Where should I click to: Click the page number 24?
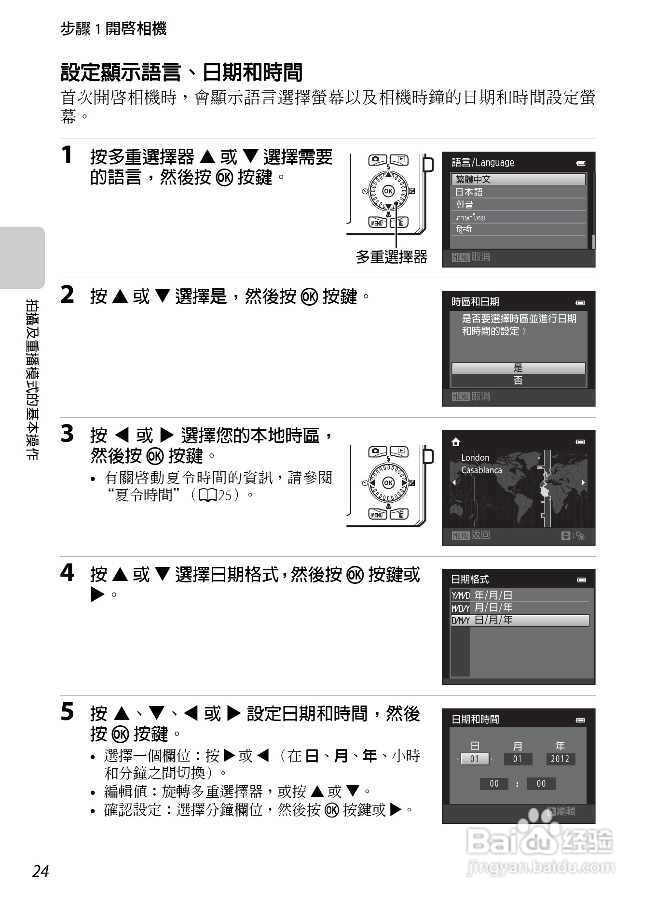click(41, 871)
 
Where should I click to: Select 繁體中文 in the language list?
click(518, 179)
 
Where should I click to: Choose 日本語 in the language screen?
click(518, 192)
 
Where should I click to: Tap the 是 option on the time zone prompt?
click(518, 368)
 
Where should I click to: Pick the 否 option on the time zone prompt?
click(518, 381)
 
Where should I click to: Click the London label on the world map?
click(475, 457)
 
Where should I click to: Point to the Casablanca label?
click(481, 470)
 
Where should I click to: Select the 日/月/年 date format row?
click(519, 620)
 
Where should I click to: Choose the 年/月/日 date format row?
click(519, 595)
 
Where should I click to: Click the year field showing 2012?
click(560, 759)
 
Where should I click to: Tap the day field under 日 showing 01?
click(475, 759)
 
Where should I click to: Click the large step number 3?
click(67, 434)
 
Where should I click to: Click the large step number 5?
click(67, 712)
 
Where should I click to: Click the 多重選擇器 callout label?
click(391, 256)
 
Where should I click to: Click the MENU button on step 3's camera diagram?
click(377, 515)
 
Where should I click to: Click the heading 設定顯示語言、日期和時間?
click(181, 72)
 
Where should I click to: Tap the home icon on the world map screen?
click(456, 442)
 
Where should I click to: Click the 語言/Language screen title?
click(482, 163)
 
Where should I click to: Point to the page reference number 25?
click(225, 495)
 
